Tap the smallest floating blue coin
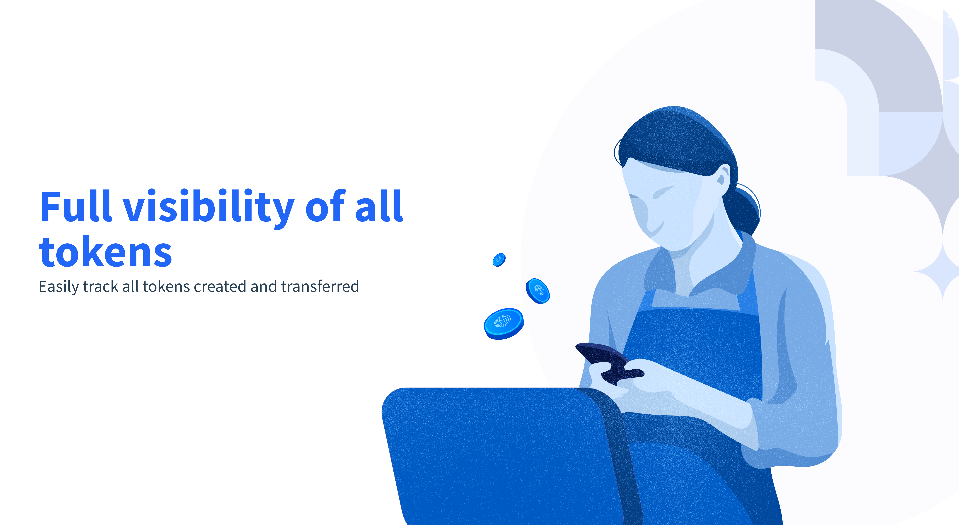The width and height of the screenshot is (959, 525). coord(499,260)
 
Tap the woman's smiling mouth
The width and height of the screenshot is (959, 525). coord(655,227)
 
